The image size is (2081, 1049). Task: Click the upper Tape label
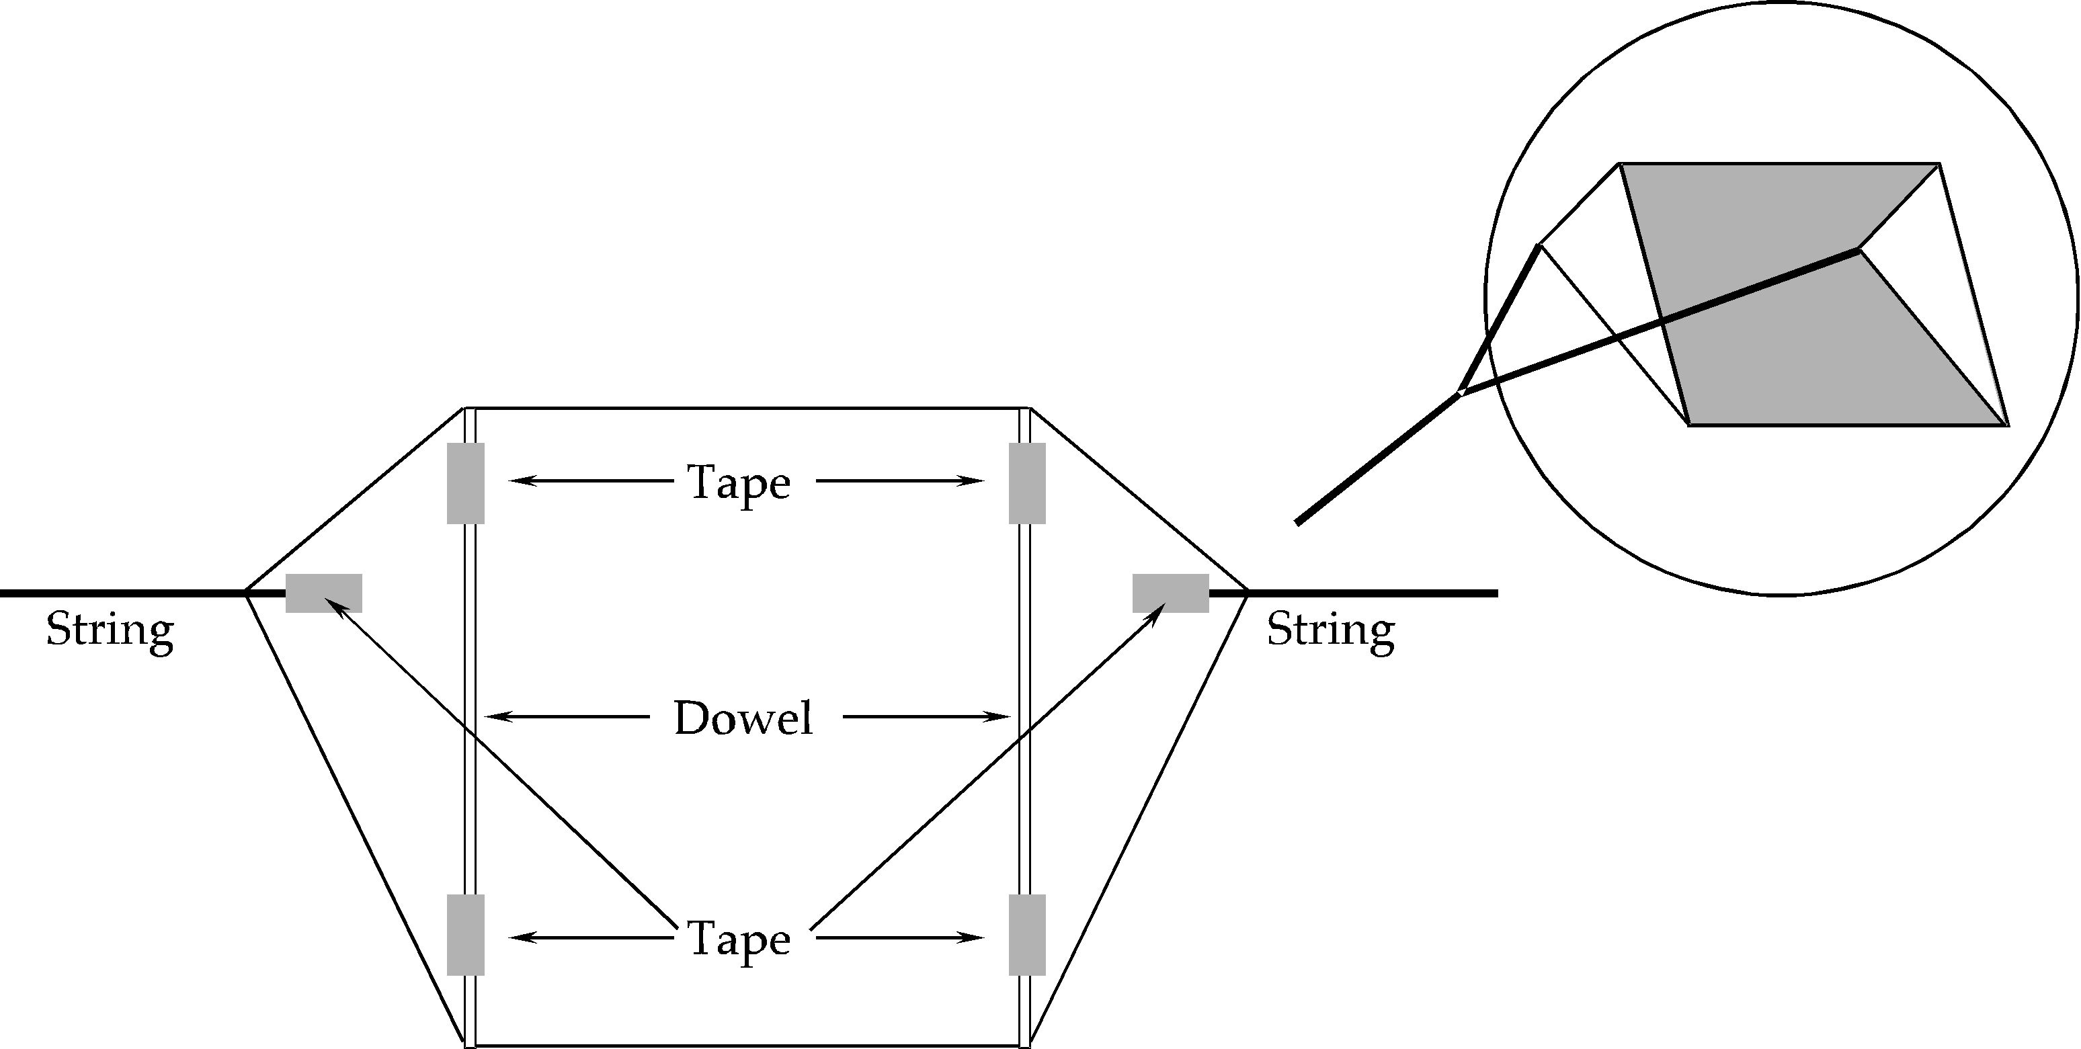pos(739,483)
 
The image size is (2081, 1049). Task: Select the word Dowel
pos(743,718)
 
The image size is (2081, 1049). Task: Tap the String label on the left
pos(110,630)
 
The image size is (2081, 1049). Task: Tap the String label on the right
pos(1330,630)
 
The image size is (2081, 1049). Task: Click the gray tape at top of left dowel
pos(465,483)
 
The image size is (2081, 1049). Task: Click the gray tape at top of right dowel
pos(1027,483)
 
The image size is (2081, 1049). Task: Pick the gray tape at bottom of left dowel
pos(465,934)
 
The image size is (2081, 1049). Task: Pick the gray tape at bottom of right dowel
pos(1027,934)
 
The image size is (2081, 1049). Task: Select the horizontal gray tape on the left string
pos(324,593)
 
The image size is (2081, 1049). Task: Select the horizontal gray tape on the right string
pos(1170,593)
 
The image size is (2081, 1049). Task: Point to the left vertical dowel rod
pos(469,727)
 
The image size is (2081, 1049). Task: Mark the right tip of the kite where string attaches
pos(1248,593)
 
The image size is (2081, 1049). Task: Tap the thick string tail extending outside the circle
pos(1373,460)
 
